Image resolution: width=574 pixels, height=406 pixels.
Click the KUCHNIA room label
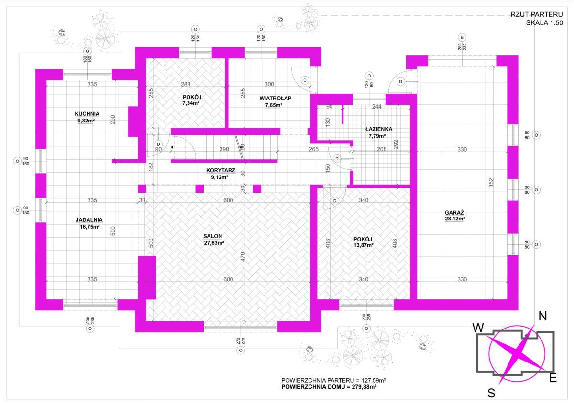tap(87, 114)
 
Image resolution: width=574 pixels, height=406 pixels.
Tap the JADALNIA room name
tap(89, 220)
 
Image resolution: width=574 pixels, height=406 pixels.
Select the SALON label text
tap(213, 236)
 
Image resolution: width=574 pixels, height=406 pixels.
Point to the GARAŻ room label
tap(454, 213)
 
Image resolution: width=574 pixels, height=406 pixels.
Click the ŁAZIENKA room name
tap(379, 129)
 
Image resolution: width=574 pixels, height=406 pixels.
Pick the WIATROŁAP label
tap(275, 98)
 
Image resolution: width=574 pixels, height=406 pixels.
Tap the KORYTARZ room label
tap(221, 171)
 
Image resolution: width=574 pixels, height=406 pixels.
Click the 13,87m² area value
tap(364, 245)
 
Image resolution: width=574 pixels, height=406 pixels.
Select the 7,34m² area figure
tap(191, 103)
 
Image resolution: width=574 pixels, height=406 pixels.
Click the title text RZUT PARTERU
tap(537, 15)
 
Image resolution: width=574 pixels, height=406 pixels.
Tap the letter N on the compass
tap(543, 317)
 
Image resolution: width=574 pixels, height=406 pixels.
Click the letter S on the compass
tap(491, 393)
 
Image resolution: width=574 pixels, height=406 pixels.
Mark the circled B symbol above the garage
tap(462, 37)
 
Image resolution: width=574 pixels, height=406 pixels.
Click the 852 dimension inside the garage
tap(491, 183)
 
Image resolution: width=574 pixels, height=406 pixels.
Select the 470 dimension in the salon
tap(243, 257)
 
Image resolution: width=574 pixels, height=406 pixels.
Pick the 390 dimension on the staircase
tap(224, 149)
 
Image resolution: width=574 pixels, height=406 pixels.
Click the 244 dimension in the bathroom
tap(377, 107)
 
